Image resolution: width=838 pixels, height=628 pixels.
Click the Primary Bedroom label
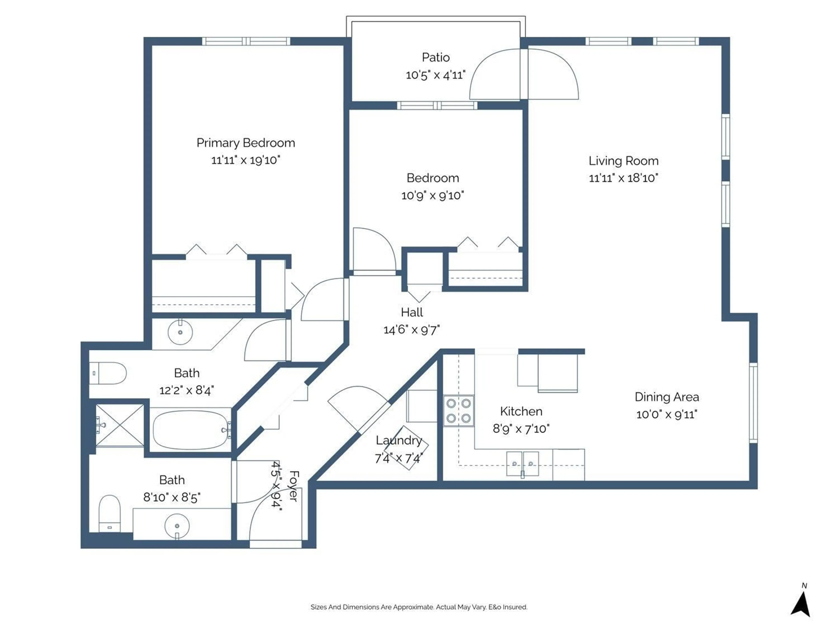click(x=246, y=143)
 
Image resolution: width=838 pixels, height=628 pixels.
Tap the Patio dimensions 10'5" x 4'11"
click(x=435, y=75)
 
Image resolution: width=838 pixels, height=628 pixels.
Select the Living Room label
click(x=623, y=161)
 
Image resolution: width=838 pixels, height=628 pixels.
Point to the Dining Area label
click(x=667, y=397)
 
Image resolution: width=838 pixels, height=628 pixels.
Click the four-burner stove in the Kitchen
click(x=458, y=411)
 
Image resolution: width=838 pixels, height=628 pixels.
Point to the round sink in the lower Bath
click(x=177, y=526)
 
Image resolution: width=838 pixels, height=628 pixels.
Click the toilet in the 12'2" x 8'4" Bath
click(x=108, y=373)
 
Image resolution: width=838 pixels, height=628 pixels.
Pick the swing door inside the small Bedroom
click(x=373, y=250)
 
